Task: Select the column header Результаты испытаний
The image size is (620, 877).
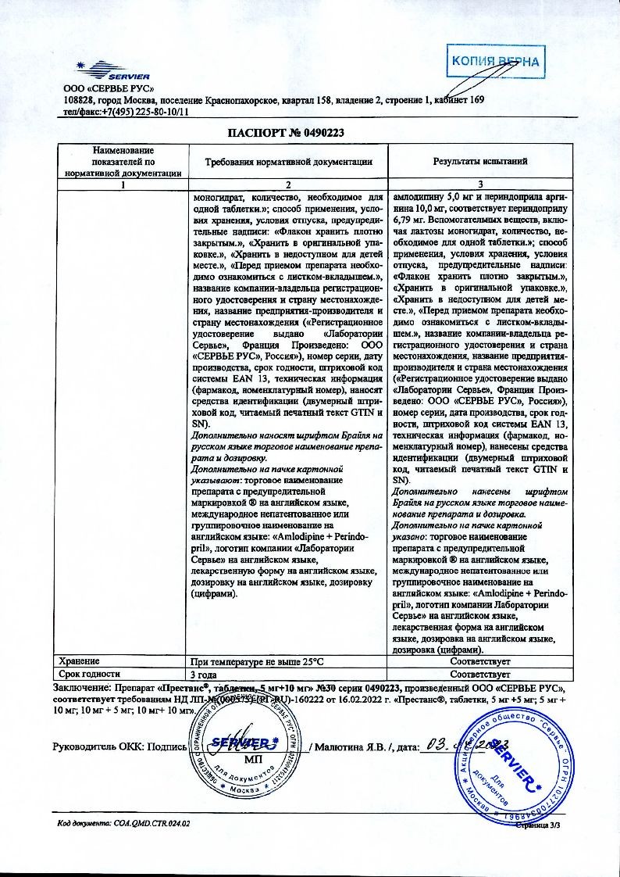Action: click(480, 161)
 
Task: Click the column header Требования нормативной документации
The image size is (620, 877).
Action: click(288, 161)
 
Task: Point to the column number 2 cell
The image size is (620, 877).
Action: click(288, 185)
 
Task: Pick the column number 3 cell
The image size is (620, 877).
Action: click(480, 185)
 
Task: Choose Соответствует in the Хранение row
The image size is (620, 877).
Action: click(480, 661)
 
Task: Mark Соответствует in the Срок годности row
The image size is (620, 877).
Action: click(480, 673)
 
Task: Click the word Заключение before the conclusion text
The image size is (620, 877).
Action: click(81, 687)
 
